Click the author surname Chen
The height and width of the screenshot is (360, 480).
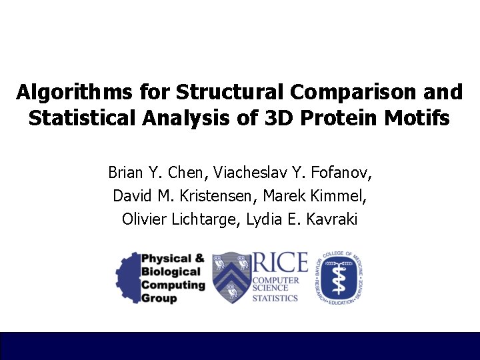189,173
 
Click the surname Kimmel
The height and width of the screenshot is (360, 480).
336,196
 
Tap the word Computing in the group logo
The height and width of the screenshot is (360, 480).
173,285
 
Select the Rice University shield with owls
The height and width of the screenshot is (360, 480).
231,277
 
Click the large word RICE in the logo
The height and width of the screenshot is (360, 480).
279,264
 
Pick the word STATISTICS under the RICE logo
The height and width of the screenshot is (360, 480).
275,297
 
